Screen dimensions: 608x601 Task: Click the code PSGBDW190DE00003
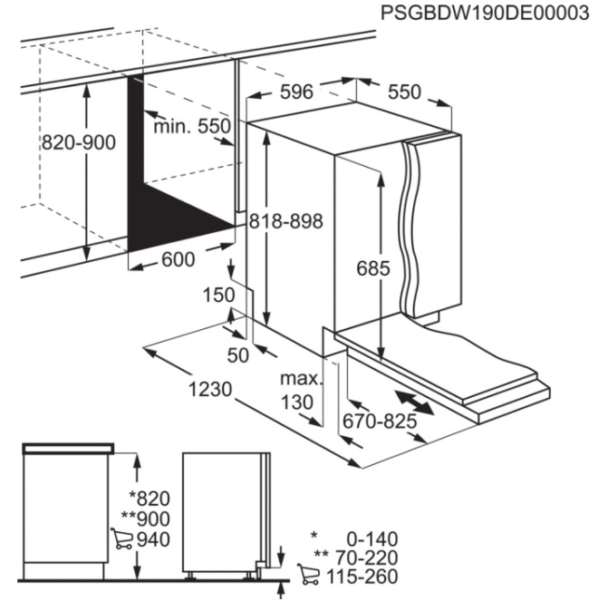coord(485,13)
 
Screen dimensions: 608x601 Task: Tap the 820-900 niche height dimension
coord(79,142)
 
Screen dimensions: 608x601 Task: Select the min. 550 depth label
coord(192,126)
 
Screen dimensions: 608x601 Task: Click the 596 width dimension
coord(296,92)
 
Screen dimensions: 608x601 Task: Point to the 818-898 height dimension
coord(286,221)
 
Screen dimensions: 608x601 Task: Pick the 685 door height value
coord(373,268)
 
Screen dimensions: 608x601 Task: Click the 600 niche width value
coord(178,259)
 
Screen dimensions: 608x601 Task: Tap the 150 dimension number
coord(218,295)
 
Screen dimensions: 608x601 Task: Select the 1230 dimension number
coord(210,389)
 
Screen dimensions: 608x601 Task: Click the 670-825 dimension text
coord(380,421)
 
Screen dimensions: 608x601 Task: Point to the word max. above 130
coord(302,379)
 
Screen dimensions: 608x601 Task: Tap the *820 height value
coord(150,499)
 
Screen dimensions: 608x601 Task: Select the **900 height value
coord(145,519)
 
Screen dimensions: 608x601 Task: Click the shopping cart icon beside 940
coord(121,538)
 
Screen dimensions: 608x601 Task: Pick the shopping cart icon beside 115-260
coord(309,575)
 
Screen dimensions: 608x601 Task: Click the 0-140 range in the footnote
coord(372,539)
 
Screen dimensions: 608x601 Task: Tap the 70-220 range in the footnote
coord(367,557)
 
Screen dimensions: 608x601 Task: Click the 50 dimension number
coord(237,355)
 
